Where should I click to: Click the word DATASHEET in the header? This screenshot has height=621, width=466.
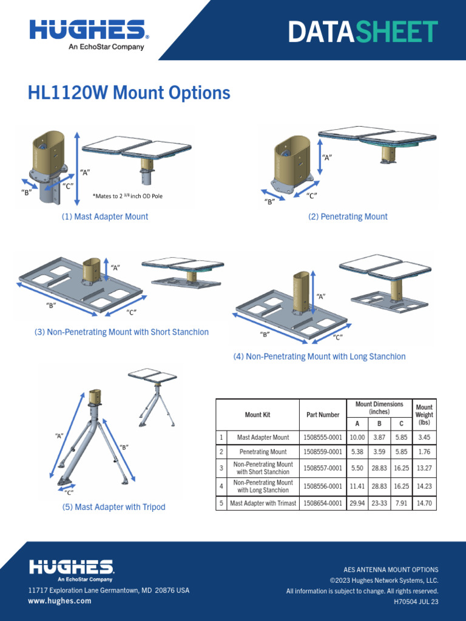tap(363, 32)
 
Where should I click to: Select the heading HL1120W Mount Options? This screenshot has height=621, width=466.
tap(129, 93)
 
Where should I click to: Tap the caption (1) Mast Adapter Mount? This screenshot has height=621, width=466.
tap(104, 217)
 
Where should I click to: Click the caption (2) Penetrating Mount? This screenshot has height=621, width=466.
tap(348, 217)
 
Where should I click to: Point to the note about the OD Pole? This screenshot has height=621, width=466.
tap(127, 196)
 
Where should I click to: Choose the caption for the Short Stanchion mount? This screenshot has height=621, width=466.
tap(121, 332)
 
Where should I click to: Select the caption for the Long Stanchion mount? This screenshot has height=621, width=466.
tap(319, 357)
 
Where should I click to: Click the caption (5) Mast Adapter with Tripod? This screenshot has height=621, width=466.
tap(113, 507)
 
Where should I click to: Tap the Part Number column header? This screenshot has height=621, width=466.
tap(323, 415)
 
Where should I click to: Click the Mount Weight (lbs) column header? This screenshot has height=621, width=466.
tap(424, 415)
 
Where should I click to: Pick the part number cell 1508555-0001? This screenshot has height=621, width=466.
tap(323, 437)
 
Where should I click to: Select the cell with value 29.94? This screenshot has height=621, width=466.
tap(357, 503)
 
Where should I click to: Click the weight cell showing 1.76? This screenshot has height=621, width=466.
tap(424, 452)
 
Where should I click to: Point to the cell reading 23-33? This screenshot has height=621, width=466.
tap(380, 503)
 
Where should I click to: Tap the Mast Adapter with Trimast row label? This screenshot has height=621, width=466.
tap(263, 503)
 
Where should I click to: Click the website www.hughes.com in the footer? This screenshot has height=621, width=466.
tap(59, 601)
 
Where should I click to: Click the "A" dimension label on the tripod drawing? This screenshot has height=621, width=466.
tap(59, 435)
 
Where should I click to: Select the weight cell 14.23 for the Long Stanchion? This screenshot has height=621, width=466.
tap(424, 486)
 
